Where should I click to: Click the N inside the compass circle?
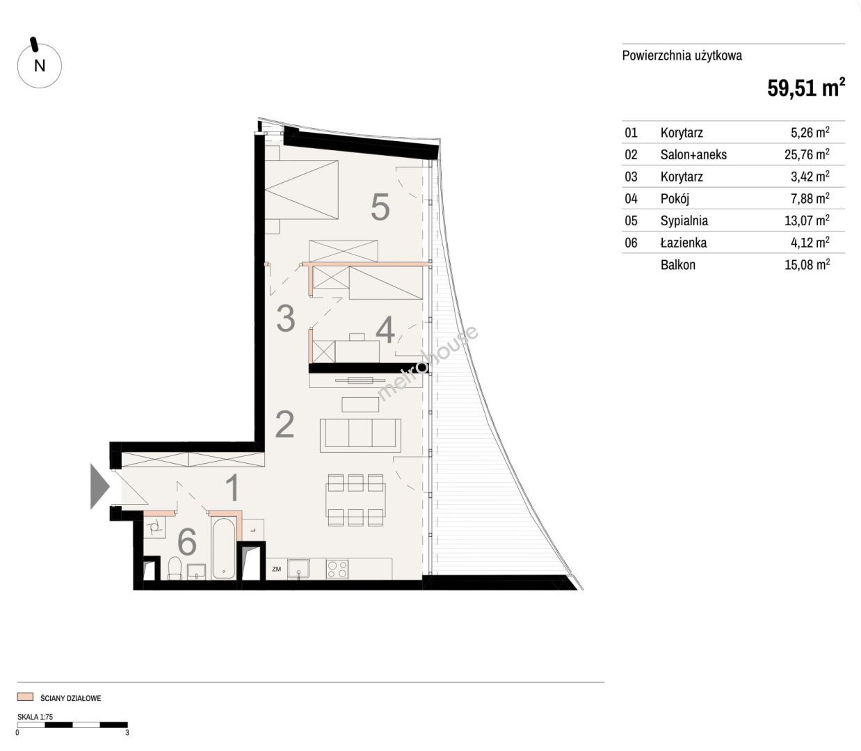pos(40,65)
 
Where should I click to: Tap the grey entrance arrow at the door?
pos(99,486)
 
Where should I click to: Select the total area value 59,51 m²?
pos(806,88)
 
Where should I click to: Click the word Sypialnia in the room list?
pos(684,220)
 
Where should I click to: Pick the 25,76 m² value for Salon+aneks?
pos(807,154)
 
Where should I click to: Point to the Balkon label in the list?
pos(678,265)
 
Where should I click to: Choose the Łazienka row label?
pos(684,243)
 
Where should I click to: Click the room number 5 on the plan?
pos(380,207)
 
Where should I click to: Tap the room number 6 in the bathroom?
pos(187,542)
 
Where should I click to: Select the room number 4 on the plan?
pos(385,330)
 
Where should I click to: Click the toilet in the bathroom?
pos(175,568)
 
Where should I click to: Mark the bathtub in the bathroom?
pos(223,548)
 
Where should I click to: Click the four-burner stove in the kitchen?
pos(337,570)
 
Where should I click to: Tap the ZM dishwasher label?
pos(277,570)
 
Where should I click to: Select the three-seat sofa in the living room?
pos(361,435)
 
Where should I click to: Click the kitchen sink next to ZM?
pos(298,570)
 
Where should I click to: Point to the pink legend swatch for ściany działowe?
pos(25,696)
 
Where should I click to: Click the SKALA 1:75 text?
pos(35,717)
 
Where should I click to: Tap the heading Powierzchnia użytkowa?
pos(682,56)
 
